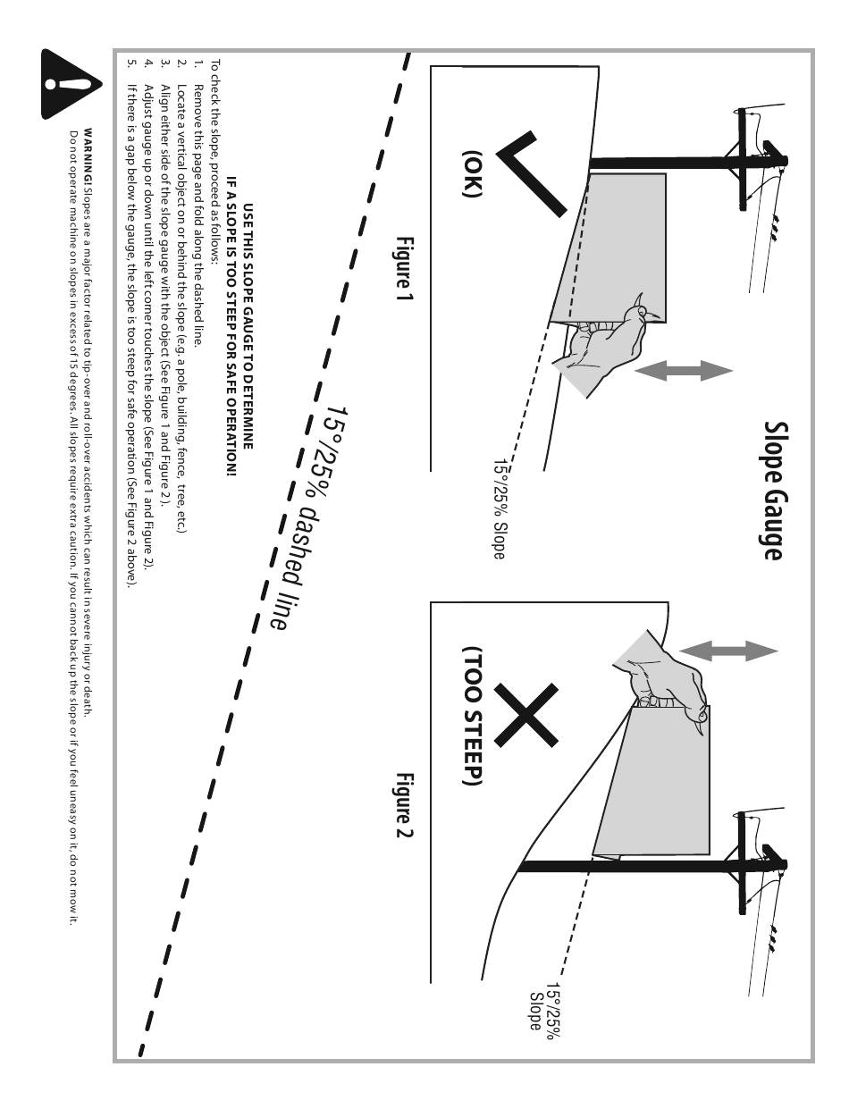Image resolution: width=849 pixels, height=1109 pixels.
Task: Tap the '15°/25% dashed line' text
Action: tap(308, 518)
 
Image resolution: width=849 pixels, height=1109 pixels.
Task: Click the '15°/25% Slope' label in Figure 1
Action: tap(498, 509)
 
